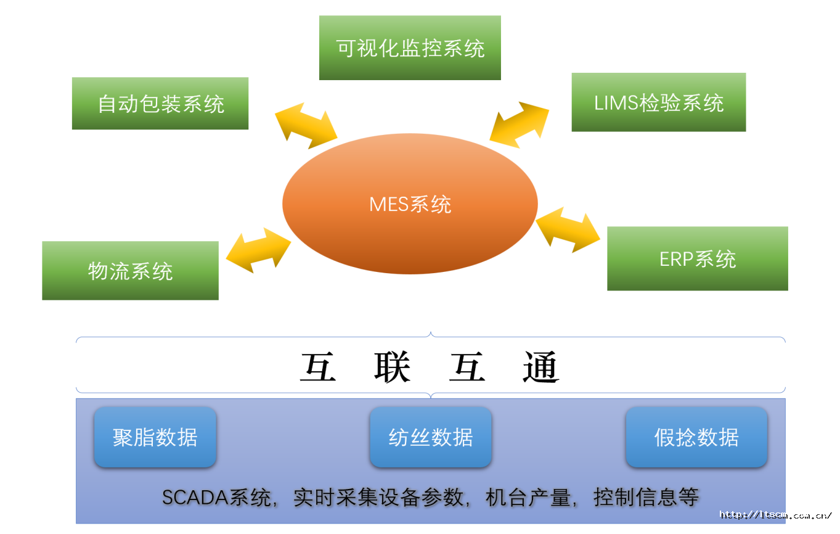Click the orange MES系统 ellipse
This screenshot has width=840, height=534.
coord(410,203)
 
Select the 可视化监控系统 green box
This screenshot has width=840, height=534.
coord(410,47)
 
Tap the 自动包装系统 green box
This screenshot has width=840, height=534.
coord(160,104)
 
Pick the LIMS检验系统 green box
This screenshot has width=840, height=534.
coord(658,102)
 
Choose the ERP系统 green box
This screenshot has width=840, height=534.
coord(697,258)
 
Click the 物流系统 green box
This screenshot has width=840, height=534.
coord(130,271)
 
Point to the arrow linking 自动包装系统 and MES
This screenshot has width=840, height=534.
coord(306,126)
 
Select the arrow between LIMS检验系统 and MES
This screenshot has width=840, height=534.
coord(519,125)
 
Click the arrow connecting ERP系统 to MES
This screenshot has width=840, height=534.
coord(568,229)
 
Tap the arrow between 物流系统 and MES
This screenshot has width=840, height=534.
coord(258,250)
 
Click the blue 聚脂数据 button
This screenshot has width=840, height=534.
coord(155,437)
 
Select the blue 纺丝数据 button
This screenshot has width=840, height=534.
coord(430,437)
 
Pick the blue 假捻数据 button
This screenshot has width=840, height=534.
coord(696,437)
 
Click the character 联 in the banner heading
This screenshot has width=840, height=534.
coord(392,368)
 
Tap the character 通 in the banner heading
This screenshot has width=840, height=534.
coord(540,368)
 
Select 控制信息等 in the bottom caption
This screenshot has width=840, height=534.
coord(646,497)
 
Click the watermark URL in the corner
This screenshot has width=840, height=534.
coord(776,515)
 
